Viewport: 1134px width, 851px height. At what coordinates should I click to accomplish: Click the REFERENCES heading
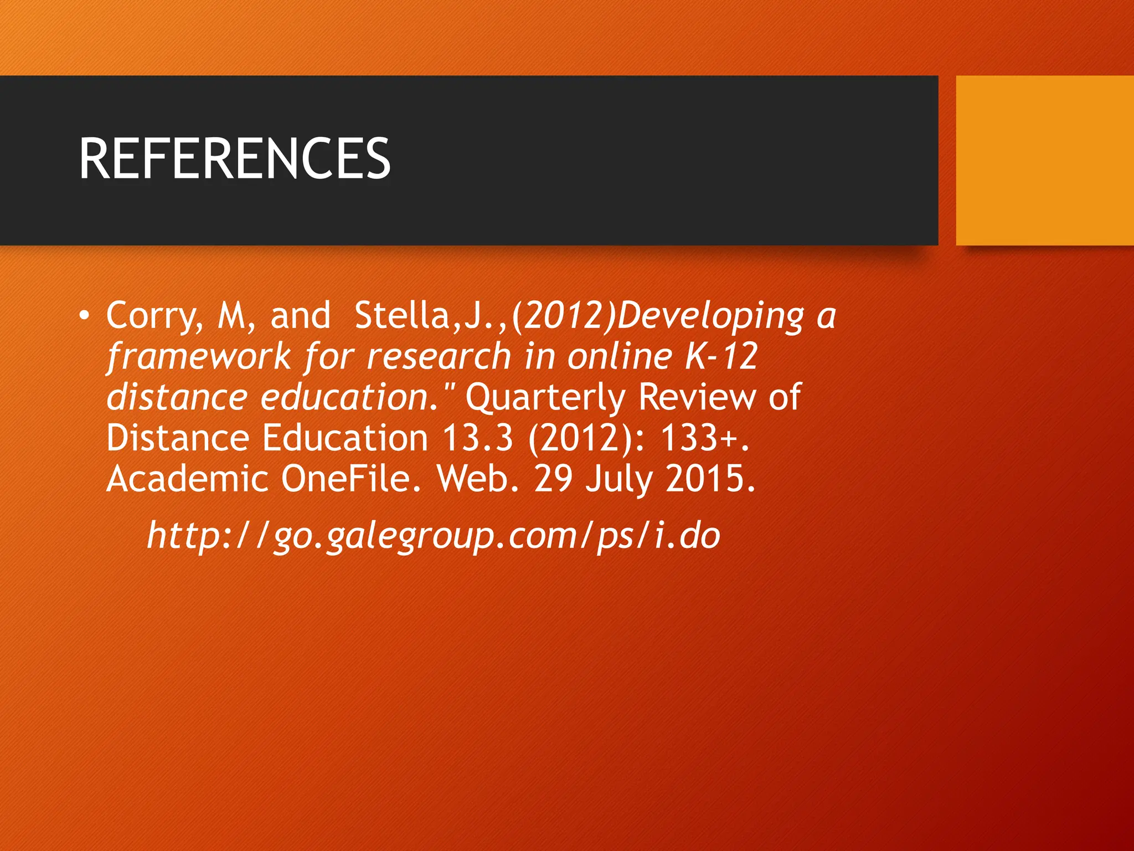(235, 159)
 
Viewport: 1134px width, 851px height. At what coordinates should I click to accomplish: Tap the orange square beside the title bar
(1044, 160)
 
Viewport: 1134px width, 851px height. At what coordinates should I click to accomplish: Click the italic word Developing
(710, 316)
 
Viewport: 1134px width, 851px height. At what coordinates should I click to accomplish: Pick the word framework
(199, 356)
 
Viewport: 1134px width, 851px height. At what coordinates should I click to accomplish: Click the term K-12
(721, 356)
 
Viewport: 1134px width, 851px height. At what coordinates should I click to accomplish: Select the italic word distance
(177, 397)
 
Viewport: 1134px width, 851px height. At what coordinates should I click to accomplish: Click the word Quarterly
(545, 397)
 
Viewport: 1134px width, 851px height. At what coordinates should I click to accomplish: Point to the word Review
(697, 397)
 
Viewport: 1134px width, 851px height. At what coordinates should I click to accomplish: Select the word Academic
(187, 479)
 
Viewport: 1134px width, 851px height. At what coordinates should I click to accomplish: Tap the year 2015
(710, 479)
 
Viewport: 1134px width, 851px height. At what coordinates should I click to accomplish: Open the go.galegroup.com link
(433, 536)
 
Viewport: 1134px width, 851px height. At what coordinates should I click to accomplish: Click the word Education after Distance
(345, 438)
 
